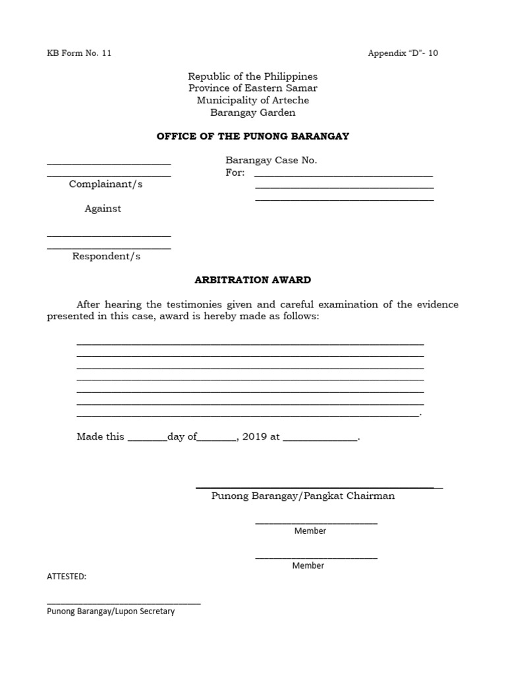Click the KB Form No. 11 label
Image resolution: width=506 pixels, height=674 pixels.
point(78,53)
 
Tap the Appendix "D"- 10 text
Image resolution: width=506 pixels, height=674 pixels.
point(403,53)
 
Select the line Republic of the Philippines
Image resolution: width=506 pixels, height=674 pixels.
point(253,76)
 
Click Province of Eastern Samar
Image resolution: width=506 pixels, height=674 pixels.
point(253,88)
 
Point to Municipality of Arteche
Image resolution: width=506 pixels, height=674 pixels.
point(253,100)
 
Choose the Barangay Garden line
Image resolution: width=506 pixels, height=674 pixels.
point(253,113)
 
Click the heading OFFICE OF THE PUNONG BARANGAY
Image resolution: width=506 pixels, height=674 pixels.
point(253,136)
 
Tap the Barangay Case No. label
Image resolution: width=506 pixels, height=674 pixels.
point(271,160)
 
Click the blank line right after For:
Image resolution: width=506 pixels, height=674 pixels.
point(343,176)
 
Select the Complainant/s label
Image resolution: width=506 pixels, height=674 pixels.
point(105,184)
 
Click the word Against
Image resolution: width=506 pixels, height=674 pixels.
point(103,209)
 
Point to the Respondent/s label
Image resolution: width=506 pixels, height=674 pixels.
point(106,256)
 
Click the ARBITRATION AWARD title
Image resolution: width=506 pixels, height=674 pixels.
point(253,280)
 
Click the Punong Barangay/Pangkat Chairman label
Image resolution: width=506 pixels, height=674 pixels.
point(303,496)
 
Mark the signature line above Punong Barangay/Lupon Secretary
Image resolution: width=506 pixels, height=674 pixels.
point(123,602)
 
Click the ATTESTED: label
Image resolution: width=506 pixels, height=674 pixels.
point(67,577)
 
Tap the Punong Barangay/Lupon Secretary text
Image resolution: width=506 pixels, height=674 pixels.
point(111,611)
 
